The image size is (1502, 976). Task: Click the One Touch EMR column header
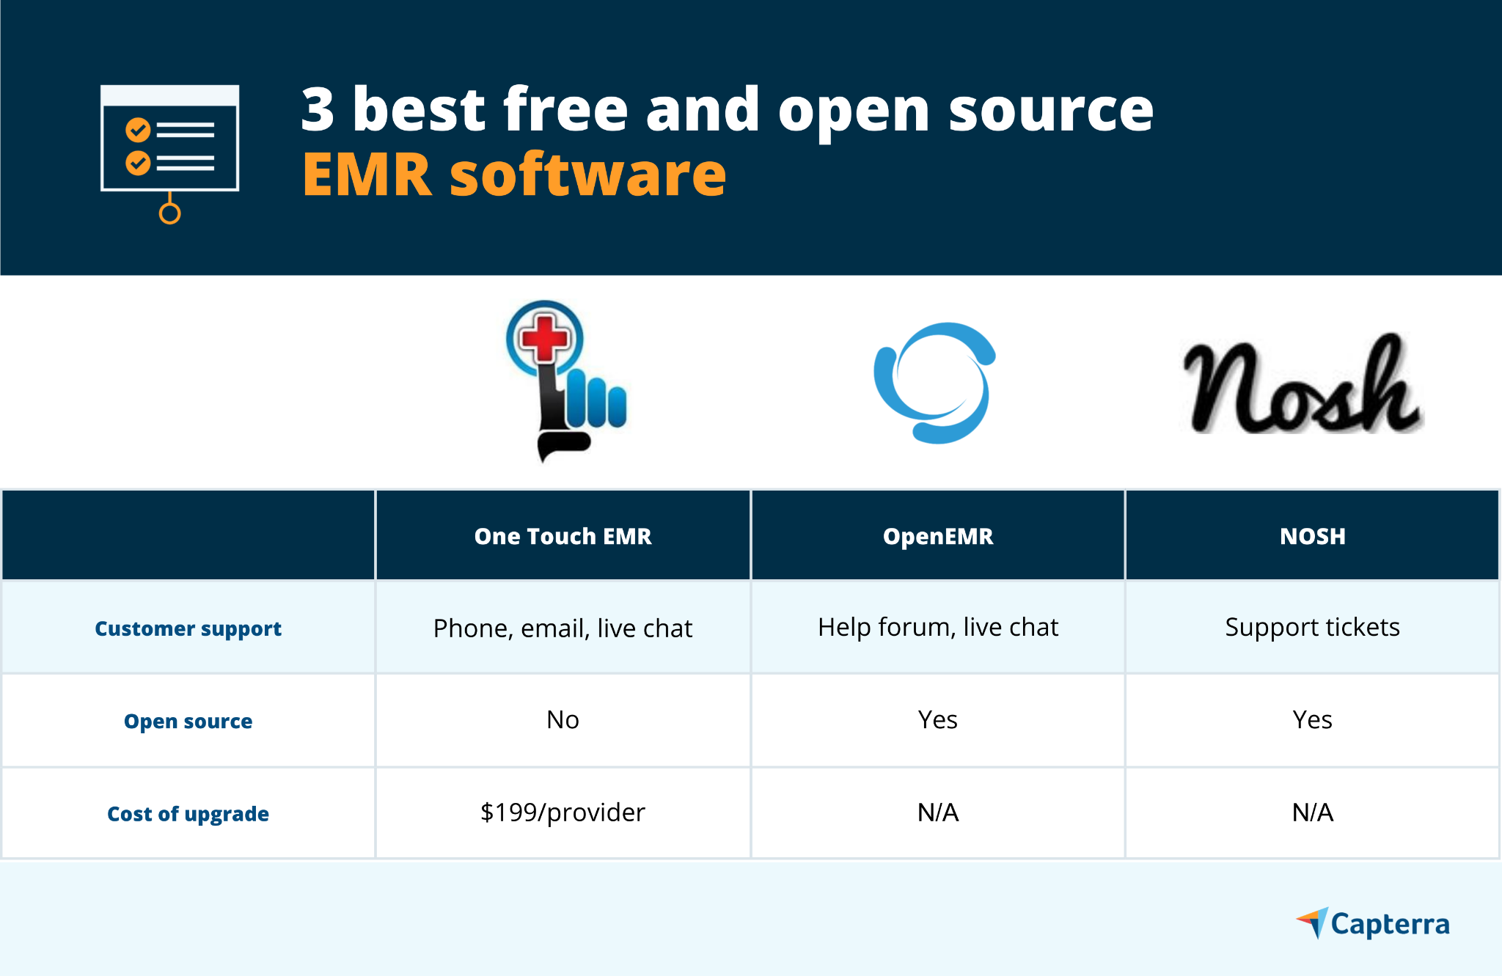pyautogui.click(x=563, y=536)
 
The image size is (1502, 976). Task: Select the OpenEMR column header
pyautogui.click(x=937, y=536)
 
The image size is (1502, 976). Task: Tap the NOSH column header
pyautogui.click(x=1312, y=536)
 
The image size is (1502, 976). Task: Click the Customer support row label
pyautogui.click(x=188, y=628)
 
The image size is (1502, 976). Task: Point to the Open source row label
pyautogui.click(x=188, y=721)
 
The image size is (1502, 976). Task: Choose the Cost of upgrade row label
pyautogui.click(x=188, y=813)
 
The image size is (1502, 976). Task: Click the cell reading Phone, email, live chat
pyautogui.click(x=563, y=628)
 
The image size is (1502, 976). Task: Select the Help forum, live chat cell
pyautogui.click(x=937, y=627)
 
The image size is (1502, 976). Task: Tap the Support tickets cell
pyautogui.click(x=1312, y=627)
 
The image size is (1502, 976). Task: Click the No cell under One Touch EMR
pyautogui.click(x=563, y=720)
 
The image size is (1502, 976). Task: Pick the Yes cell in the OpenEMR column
pyautogui.click(x=937, y=720)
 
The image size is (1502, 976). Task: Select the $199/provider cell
pyautogui.click(x=563, y=812)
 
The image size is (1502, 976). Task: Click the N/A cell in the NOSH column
pyautogui.click(x=1312, y=812)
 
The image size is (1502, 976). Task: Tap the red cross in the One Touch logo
pyautogui.click(x=544, y=338)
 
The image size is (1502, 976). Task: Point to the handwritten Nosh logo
pyautogui.click(x=1303, y=387)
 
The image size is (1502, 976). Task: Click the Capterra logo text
pyautogui.click(x=1389, y=924)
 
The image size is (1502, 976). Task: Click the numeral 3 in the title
pyautogui.click(x=318, y=110)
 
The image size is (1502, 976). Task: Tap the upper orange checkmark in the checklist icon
pyautogui.click(x=138, y=130)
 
